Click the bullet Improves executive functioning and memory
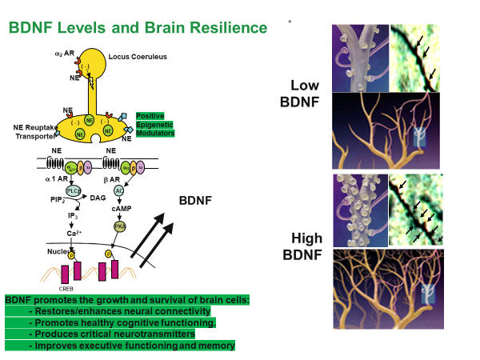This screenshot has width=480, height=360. point(131,346)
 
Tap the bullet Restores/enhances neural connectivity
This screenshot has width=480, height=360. point(119,311)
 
